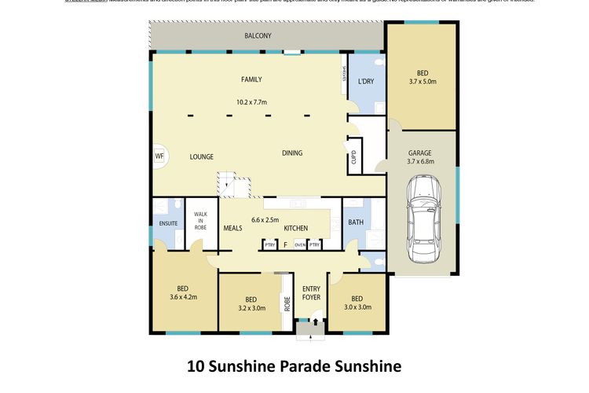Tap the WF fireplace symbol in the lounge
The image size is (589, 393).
tap(159, 156)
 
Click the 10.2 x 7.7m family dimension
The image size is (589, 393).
tap(251, 102)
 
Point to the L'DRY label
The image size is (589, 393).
tap(365, 82)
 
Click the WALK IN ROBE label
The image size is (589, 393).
tap(200, 220)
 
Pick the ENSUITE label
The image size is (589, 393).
tap(168, 224)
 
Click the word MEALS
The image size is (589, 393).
tap(232, 229)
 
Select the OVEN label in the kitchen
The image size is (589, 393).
tap(299, 245)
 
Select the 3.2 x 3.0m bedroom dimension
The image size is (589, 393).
tap(251, 308)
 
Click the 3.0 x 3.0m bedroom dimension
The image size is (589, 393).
tap(357, 307)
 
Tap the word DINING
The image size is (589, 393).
tap(292, 153)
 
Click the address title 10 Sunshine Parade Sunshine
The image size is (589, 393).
tap(294, 365)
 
